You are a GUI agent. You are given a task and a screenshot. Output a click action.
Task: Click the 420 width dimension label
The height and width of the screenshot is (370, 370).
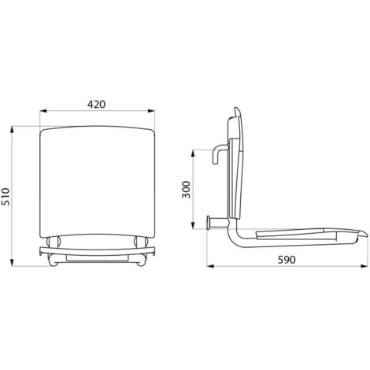[x=96, y=104]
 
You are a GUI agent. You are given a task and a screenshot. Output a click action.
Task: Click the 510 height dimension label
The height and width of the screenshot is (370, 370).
[x=6, y=197]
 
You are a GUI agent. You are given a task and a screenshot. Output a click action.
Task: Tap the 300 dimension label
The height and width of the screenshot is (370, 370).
[x=186, y=190]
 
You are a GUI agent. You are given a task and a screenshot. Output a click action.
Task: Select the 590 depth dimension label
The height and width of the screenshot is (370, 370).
[x=287, y=260]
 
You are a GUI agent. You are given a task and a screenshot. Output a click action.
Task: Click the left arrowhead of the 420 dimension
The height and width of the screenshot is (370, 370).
[x=43, y=111]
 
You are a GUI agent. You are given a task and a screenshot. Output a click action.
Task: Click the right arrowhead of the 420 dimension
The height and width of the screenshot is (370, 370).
[x=151, y=111]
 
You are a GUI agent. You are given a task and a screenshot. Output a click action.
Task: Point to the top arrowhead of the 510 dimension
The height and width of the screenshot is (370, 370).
[x=12, y=130]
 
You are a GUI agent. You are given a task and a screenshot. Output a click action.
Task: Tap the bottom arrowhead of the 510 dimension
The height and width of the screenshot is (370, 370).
[x=12, y=263]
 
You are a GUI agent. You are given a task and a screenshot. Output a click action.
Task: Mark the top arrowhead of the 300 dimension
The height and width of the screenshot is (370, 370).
[x=193, y=154]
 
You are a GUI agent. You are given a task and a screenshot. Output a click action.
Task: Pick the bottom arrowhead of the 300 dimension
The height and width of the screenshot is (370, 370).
[x=193, y=225]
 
